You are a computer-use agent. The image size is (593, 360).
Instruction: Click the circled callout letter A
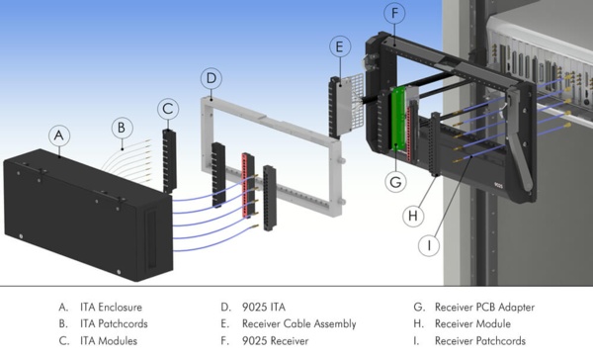point(60,134)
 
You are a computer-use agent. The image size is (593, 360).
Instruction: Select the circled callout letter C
point(169,108)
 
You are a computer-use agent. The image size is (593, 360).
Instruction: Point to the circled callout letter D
point(211,77)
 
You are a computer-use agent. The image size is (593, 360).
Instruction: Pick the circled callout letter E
point(338,46)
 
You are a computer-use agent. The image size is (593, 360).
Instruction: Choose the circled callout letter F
point(395,14)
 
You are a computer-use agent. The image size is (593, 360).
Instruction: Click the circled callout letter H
point(415,213)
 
